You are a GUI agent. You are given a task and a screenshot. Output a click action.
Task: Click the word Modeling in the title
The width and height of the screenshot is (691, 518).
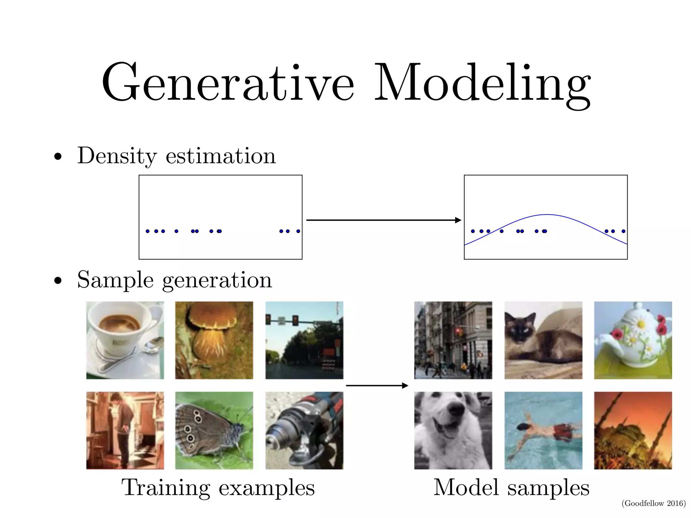[482, 84]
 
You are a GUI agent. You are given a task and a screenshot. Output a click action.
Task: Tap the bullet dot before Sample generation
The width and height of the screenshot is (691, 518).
[58, 281]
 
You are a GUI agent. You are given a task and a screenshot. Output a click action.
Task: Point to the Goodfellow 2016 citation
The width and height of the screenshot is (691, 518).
[654, 503]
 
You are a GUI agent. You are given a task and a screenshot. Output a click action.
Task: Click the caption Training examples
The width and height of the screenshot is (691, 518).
[218, 488]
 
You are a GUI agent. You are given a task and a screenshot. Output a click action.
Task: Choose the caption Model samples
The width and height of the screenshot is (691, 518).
[511, 488]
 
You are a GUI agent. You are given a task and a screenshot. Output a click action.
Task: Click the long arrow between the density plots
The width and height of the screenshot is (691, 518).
[383, 220]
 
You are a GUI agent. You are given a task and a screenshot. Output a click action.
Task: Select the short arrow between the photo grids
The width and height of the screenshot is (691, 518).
[377, 385]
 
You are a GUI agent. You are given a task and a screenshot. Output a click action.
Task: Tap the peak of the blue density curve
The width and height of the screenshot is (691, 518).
[547, 214]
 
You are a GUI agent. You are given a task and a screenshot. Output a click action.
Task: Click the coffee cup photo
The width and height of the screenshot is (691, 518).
[125, 340]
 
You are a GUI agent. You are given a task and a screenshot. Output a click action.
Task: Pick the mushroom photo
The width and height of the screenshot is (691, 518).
[214, 340]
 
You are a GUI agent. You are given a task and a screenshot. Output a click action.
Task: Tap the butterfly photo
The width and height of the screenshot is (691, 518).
[214, 430]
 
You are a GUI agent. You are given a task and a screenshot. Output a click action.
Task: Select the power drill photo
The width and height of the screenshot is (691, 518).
[304, 430]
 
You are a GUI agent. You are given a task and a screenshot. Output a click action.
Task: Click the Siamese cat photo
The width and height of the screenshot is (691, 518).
[543, 340]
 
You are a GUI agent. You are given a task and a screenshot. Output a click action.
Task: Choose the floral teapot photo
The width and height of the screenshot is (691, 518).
[633, 340]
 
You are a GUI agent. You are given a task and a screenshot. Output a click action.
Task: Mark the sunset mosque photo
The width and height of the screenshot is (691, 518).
[633, 430]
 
